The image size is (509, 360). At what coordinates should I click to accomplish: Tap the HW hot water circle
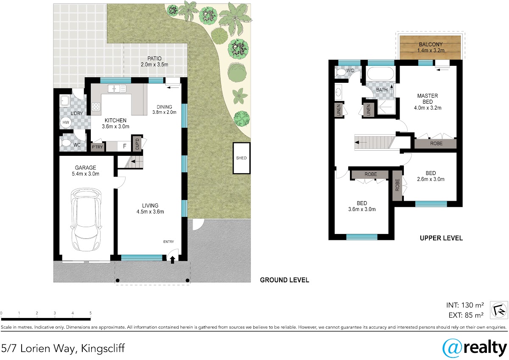click(66, 123)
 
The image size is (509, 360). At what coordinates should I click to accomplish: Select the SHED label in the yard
click(241, 158)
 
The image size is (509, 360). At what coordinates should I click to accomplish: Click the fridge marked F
click(125, 146)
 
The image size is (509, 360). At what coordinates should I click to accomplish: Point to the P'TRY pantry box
click(98, 147)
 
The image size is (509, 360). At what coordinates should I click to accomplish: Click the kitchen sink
click(117, 88)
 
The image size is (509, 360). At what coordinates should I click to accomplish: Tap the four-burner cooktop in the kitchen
click(96, 107)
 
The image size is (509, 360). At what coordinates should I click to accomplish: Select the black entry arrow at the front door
click(173, 260)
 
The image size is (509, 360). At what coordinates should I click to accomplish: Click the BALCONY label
click(431, 44)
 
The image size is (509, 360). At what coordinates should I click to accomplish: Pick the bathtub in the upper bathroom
click(380, 73)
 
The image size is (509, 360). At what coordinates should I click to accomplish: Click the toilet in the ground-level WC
click(66, 143)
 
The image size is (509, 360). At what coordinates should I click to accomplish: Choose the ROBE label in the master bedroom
click(436, 143)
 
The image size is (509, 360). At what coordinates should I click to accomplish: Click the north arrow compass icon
click(499, 310)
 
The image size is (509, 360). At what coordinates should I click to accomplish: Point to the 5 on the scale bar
click(90, 313)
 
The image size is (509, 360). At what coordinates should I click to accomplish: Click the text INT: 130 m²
click(465, 305)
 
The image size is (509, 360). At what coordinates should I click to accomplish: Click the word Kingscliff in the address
click(103, 349)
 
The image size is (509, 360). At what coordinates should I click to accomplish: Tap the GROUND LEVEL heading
click(285, 280)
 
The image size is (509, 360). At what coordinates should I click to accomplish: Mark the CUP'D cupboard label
click(137, 144)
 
